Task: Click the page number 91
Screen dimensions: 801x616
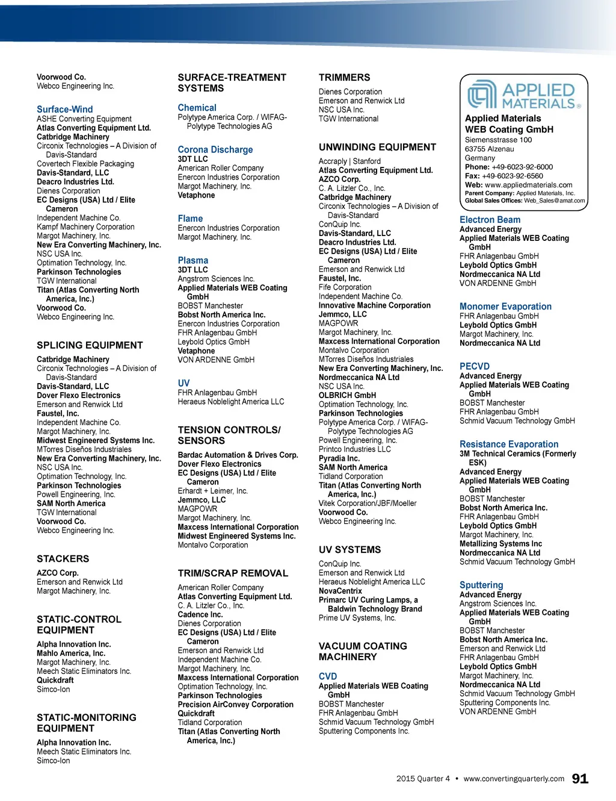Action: [580, 779]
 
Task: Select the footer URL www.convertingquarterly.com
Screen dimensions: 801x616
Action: [514, 779]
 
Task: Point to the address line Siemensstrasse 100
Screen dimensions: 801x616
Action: [498, 140]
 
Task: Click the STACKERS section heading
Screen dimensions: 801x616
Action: [63, 559]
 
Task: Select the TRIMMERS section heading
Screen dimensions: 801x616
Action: [344, 78]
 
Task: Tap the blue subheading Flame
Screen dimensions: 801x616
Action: [190, 219]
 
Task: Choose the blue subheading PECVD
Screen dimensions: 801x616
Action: [475, 366]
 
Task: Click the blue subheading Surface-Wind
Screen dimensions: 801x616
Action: [65, 110]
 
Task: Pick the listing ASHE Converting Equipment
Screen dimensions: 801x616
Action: [84, 119]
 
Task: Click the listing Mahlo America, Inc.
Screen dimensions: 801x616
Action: [71, 653]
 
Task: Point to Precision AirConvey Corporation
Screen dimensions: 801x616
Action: [235, 705]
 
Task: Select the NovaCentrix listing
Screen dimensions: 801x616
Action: [340, 591]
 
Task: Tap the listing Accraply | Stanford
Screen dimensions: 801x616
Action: [350, 161]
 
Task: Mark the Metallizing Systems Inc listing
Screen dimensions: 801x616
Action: [500, 544]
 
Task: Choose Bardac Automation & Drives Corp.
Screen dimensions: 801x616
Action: [238, 455]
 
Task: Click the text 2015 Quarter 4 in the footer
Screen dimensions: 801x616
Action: [423, 779]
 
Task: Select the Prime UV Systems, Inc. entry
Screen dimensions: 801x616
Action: [357, 618]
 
